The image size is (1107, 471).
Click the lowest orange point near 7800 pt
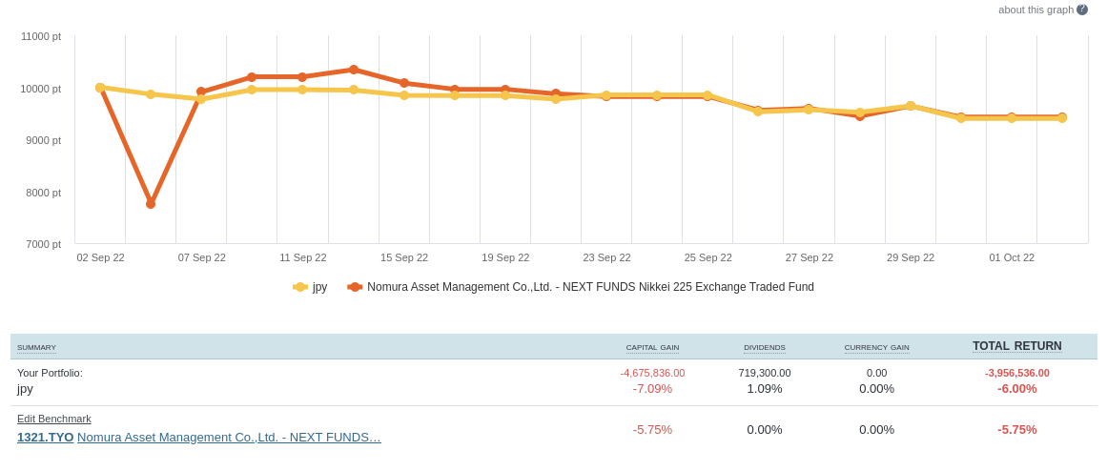click(151, 203)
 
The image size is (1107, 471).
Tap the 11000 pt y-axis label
click(41, 36)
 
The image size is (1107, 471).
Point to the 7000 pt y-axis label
click(43, 244)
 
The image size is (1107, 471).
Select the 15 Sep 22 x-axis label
click(404, 257)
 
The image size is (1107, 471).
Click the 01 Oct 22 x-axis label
click(1012, 257)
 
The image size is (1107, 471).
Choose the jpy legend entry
click(311, 287)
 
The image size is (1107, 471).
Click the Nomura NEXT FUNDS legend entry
click(581, 287)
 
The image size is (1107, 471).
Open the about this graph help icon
click(1082, 10)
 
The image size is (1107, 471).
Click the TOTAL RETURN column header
click(1016, 346)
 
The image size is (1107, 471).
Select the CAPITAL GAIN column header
click(652, 348)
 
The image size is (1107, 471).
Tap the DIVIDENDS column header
click(765, 348)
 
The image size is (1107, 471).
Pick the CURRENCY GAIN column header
click(876, 348)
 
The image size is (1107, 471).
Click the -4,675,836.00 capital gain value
click(652, 373)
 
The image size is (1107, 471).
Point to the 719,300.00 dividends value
click(765, 373)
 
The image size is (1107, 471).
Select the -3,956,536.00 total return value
click(1016, 373)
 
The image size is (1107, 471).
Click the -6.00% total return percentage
click(1016, 389)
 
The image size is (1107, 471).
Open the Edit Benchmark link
click(54, 419)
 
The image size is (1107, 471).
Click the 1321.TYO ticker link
click(45, 438)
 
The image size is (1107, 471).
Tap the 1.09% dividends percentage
click(765, 389)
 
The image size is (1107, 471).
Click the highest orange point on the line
click(354, 70)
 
